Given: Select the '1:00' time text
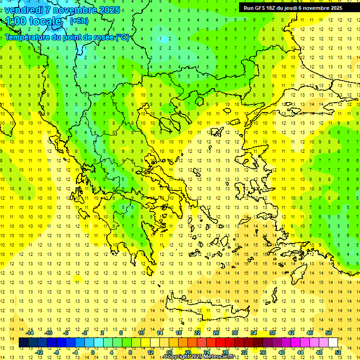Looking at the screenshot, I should [x=15, y=21].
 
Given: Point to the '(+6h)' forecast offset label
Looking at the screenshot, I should [x=78, y=21].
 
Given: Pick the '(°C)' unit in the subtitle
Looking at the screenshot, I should [x=122, y=37].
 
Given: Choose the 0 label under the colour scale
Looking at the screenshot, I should [x=93, y=352].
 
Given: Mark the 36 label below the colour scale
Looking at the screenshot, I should [x=262, y=352].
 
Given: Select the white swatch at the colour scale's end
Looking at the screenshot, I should [x=333, y=343].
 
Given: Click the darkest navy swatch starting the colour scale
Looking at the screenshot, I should [x=24, y=343].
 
